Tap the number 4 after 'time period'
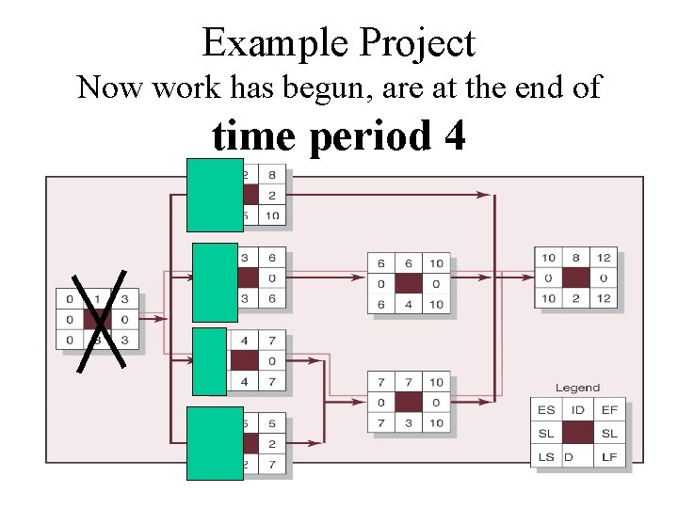click(454, 135)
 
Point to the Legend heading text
click(577, 388)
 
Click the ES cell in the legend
click(546, 410)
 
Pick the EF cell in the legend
click(608, 410)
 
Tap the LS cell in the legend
click(546, 456)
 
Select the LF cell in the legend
click(608, 456)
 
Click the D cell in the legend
click(569, 456)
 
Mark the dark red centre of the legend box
click(577, 433)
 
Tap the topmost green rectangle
click(215, 195)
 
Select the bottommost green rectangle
click(215, 442)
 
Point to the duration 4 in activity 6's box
click(408, 305)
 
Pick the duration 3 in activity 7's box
click(408, 423)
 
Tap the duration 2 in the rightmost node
click(576, 299)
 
